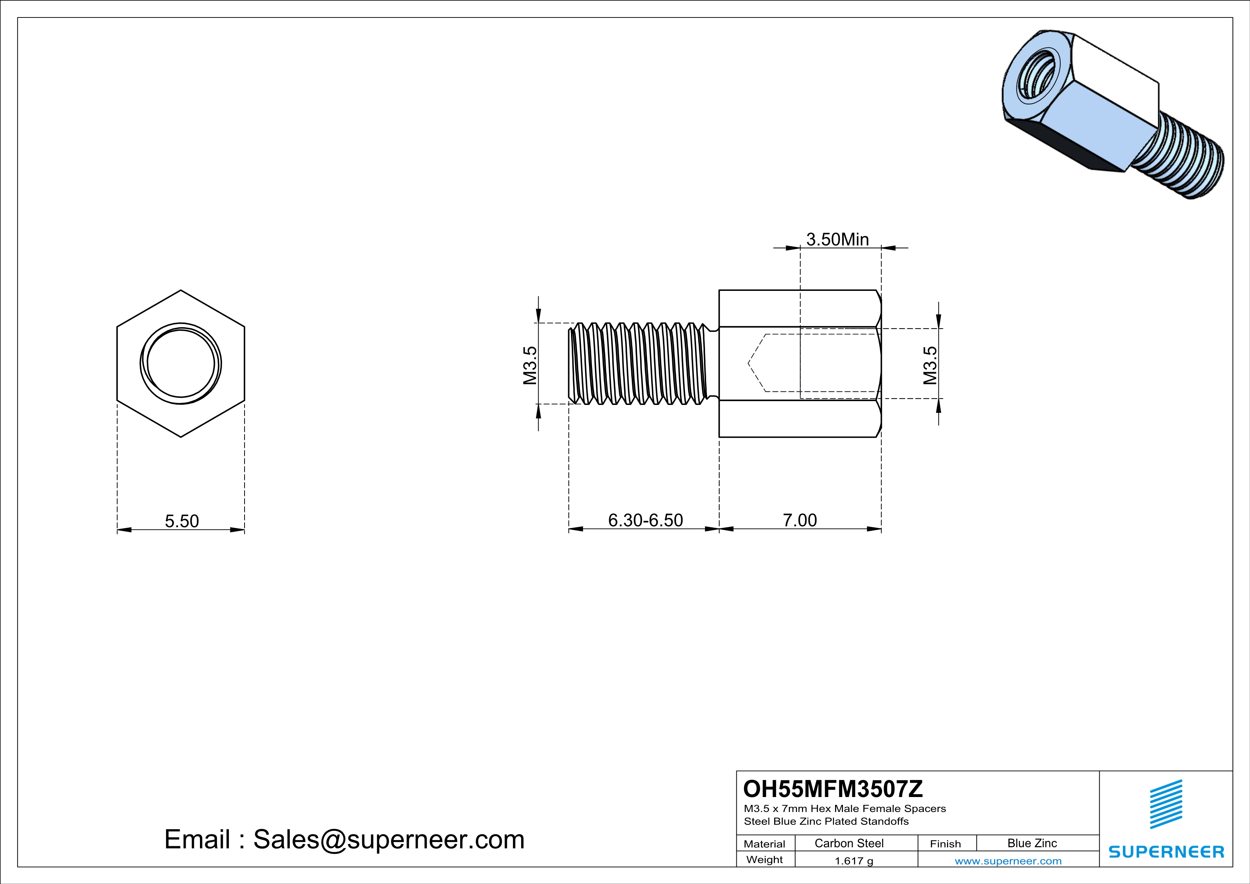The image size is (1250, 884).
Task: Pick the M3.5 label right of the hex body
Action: point(930,365)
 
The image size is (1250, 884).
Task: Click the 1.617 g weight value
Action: point(854,860)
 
